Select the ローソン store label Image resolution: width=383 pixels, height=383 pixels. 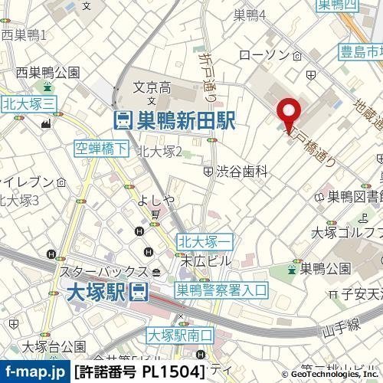[x=264, y=55]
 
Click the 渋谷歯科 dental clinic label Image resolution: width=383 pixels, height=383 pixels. [x=241, y=172]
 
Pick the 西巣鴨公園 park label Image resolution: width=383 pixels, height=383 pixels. [x=48, y=73]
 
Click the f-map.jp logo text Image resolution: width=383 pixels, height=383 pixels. [x=34, y=372]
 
